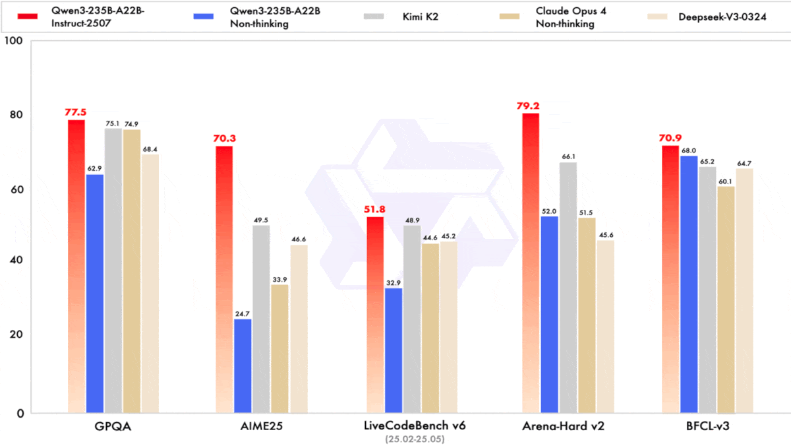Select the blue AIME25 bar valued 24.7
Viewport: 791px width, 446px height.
tap(243, 366)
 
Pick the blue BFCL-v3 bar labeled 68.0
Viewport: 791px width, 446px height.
tap(689, 284)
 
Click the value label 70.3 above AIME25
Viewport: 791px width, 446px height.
tap(224, 138)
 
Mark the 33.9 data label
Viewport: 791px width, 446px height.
tap(279, 278)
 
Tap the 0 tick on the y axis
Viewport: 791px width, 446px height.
tap(19, 414)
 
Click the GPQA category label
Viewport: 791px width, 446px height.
tap(113, 426)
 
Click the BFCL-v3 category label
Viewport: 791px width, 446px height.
tap(707, 426)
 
